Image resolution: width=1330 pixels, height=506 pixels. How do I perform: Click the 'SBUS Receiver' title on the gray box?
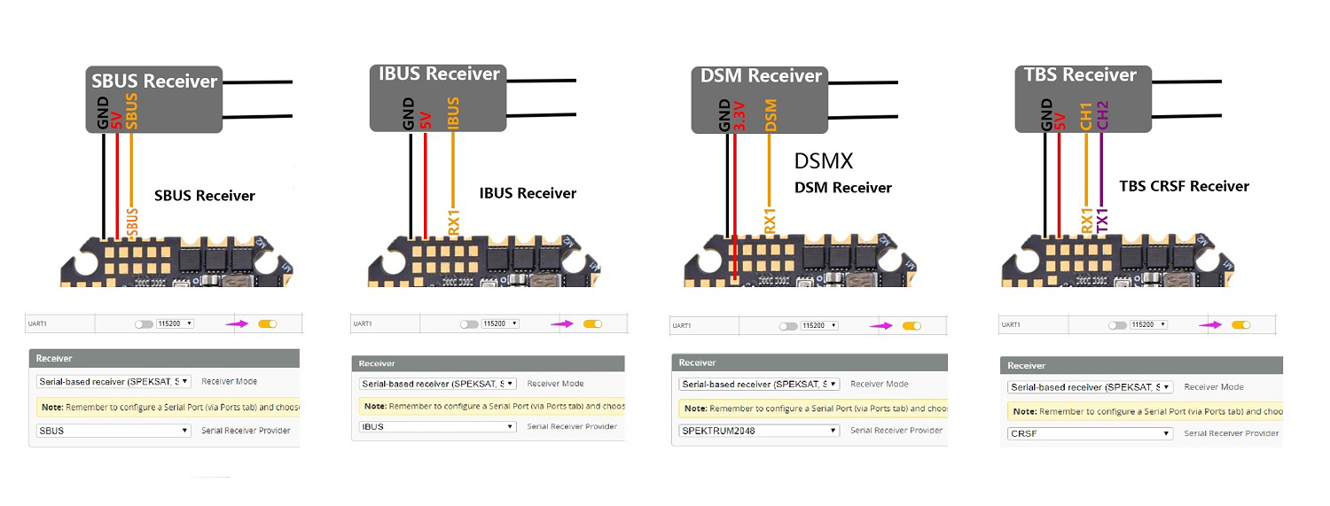(x=154, y=82)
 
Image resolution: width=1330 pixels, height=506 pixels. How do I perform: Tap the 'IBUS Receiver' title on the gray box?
(x=439, y=74)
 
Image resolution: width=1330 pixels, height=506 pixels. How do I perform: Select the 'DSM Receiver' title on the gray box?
(x=762, y=76)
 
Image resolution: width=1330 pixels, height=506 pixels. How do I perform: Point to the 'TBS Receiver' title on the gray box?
(x=1080, y=75)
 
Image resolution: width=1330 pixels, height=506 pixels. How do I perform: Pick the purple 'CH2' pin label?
(x=1102, y=116)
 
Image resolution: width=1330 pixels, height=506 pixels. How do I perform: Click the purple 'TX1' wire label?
(x=1102, y=218)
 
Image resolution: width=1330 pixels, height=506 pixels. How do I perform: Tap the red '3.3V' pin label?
(x=740, y=116)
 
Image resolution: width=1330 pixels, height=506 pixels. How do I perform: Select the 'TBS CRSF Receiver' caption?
(x=1184, y=186)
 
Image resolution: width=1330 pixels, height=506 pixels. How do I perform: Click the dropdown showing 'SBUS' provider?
(x=113, y=431)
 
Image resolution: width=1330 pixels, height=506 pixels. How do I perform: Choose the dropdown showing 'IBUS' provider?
(x=437, y=426)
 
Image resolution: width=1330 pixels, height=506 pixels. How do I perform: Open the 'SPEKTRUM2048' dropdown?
(x=759, y=430)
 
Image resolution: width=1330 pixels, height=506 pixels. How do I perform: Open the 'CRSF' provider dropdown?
(x=1090, y=433)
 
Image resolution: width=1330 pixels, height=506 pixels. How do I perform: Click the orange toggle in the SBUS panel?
(x=267, y=323)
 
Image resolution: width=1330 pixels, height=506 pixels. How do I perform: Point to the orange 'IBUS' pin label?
(x=454, y=114)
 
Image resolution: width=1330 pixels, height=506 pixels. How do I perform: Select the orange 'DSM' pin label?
(x=770, y=116)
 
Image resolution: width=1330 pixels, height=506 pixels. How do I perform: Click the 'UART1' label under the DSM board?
(x=681, y=326)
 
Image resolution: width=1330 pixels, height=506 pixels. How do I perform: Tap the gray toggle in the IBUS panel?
(x=469, y=324)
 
